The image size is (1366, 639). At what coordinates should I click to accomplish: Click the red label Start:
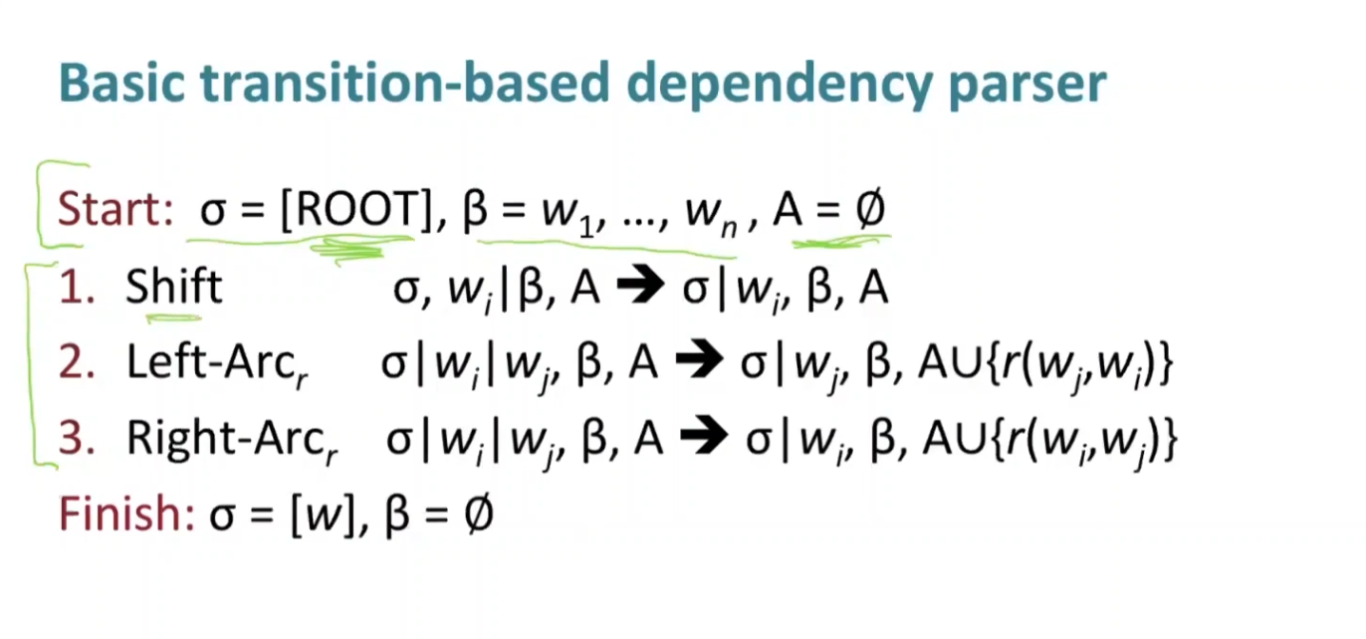click(115, 210)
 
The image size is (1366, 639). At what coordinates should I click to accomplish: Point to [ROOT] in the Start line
click(352, 210)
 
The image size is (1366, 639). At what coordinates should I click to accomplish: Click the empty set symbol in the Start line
click(868, 211)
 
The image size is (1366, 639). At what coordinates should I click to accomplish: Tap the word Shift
click(173, 287)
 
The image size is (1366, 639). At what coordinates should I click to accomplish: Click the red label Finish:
click(126, 515)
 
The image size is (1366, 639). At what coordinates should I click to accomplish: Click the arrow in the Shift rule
click(640, 289)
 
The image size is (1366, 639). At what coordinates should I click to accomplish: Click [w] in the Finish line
click(325, 516)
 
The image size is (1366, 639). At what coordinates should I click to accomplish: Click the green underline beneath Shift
click(173, 319)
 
